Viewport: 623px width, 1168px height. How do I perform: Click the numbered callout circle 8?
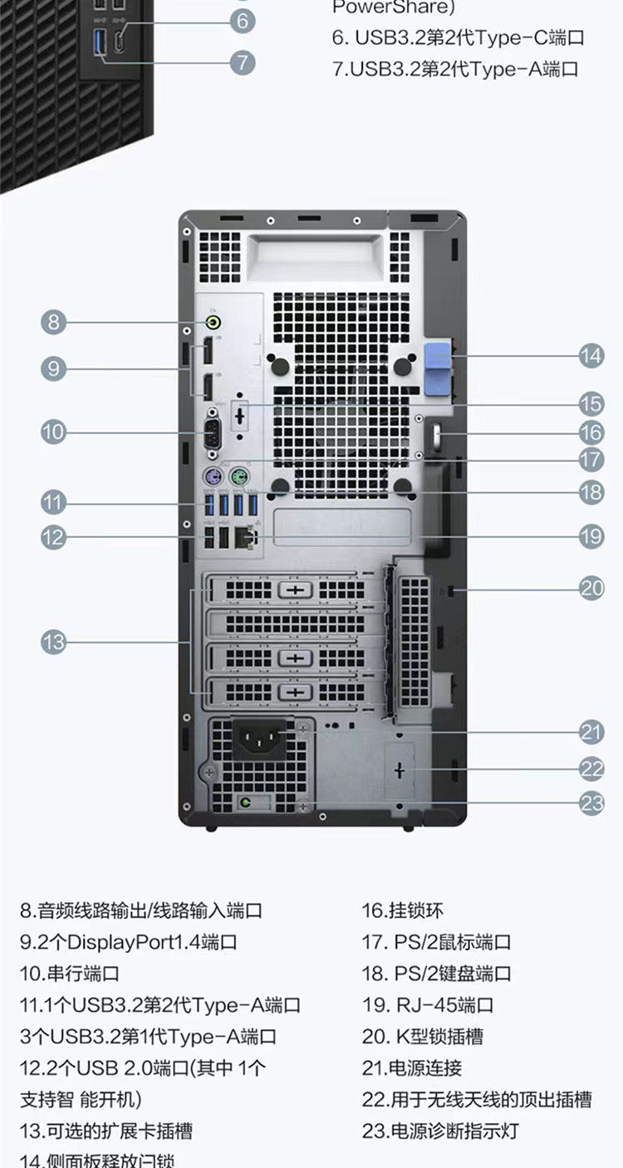point(54,321)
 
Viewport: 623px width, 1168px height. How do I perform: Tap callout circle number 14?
point(591,355)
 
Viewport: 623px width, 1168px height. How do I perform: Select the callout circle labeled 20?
point(591,589)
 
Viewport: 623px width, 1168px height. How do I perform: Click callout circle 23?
point(591,802)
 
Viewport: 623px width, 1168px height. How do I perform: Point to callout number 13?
point(54,642)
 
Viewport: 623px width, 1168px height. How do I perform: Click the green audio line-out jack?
point(214,321)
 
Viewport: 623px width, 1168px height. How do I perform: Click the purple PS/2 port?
point(213,477)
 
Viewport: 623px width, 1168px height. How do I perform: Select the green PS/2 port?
point(239,477)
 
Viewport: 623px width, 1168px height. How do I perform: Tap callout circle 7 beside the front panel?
point(242,62)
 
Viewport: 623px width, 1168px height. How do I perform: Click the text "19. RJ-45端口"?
point(428,1005)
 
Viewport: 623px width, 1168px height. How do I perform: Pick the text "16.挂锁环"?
point(403,911)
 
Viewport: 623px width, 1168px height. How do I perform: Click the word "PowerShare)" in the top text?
point(382,7)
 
